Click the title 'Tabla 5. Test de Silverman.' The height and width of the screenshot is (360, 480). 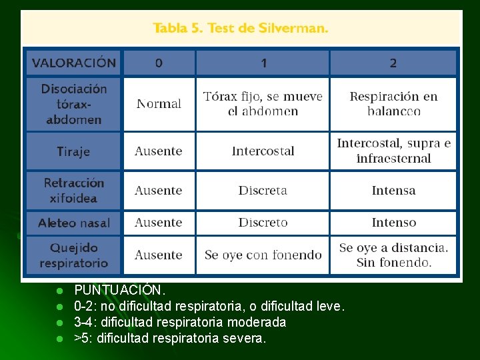tap(240, 29)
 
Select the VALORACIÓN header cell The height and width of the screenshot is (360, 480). tap(74, 63)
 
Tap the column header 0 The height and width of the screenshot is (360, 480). tap(159, 63)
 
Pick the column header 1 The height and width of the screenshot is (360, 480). tap(263, 63)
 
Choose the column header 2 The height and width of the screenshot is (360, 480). tap(393, 63)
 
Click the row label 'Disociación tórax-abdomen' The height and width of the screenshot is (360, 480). tap(74, 104)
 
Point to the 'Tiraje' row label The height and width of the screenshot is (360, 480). tap(73, 151)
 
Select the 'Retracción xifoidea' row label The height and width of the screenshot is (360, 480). tap(74, 190)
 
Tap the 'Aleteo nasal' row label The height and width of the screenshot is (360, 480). tap(74, 223)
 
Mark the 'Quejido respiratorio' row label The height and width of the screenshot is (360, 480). tap(74, 255)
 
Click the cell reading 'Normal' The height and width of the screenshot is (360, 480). tap(159, 104)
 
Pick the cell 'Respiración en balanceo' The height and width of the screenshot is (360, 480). tap(393, 103)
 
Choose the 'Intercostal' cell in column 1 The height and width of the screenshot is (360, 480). tap(263, 151)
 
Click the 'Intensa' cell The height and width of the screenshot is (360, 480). tap(393, 191)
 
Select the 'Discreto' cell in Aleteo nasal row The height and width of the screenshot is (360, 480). tap(263, 223)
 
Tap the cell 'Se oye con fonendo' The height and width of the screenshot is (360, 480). tap(263, 255)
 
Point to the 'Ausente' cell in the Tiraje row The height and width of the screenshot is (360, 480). tap(159, 151)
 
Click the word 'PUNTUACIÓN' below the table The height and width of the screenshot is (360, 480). tap(118, 291)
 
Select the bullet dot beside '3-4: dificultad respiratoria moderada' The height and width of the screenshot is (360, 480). tap(59, 323)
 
